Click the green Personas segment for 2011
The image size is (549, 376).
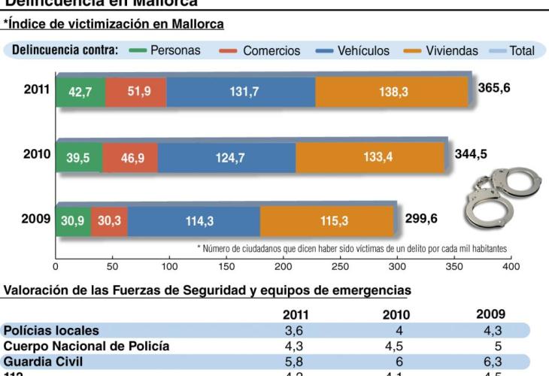click(x=80, y=92)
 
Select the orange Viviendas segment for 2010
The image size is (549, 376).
click(x=369, y=157)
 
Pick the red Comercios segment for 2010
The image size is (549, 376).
click(x=131, y=157)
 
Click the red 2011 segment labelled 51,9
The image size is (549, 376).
click(x=137, y=92)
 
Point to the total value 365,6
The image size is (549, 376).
click(x=496, y=88)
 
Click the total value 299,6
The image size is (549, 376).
click(x=422, y=219)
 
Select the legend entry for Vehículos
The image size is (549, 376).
click(x=363, y=51)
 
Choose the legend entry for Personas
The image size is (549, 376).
click(x=175, y=51)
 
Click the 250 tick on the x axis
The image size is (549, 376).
click(x=340, y=267)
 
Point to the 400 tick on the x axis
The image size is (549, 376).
click(x=510, y=267)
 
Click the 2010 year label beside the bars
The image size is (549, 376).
click(x=37, y=154)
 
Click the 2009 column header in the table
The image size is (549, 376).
click(x=490, y=314)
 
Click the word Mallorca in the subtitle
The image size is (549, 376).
click(x=194, y=25)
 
